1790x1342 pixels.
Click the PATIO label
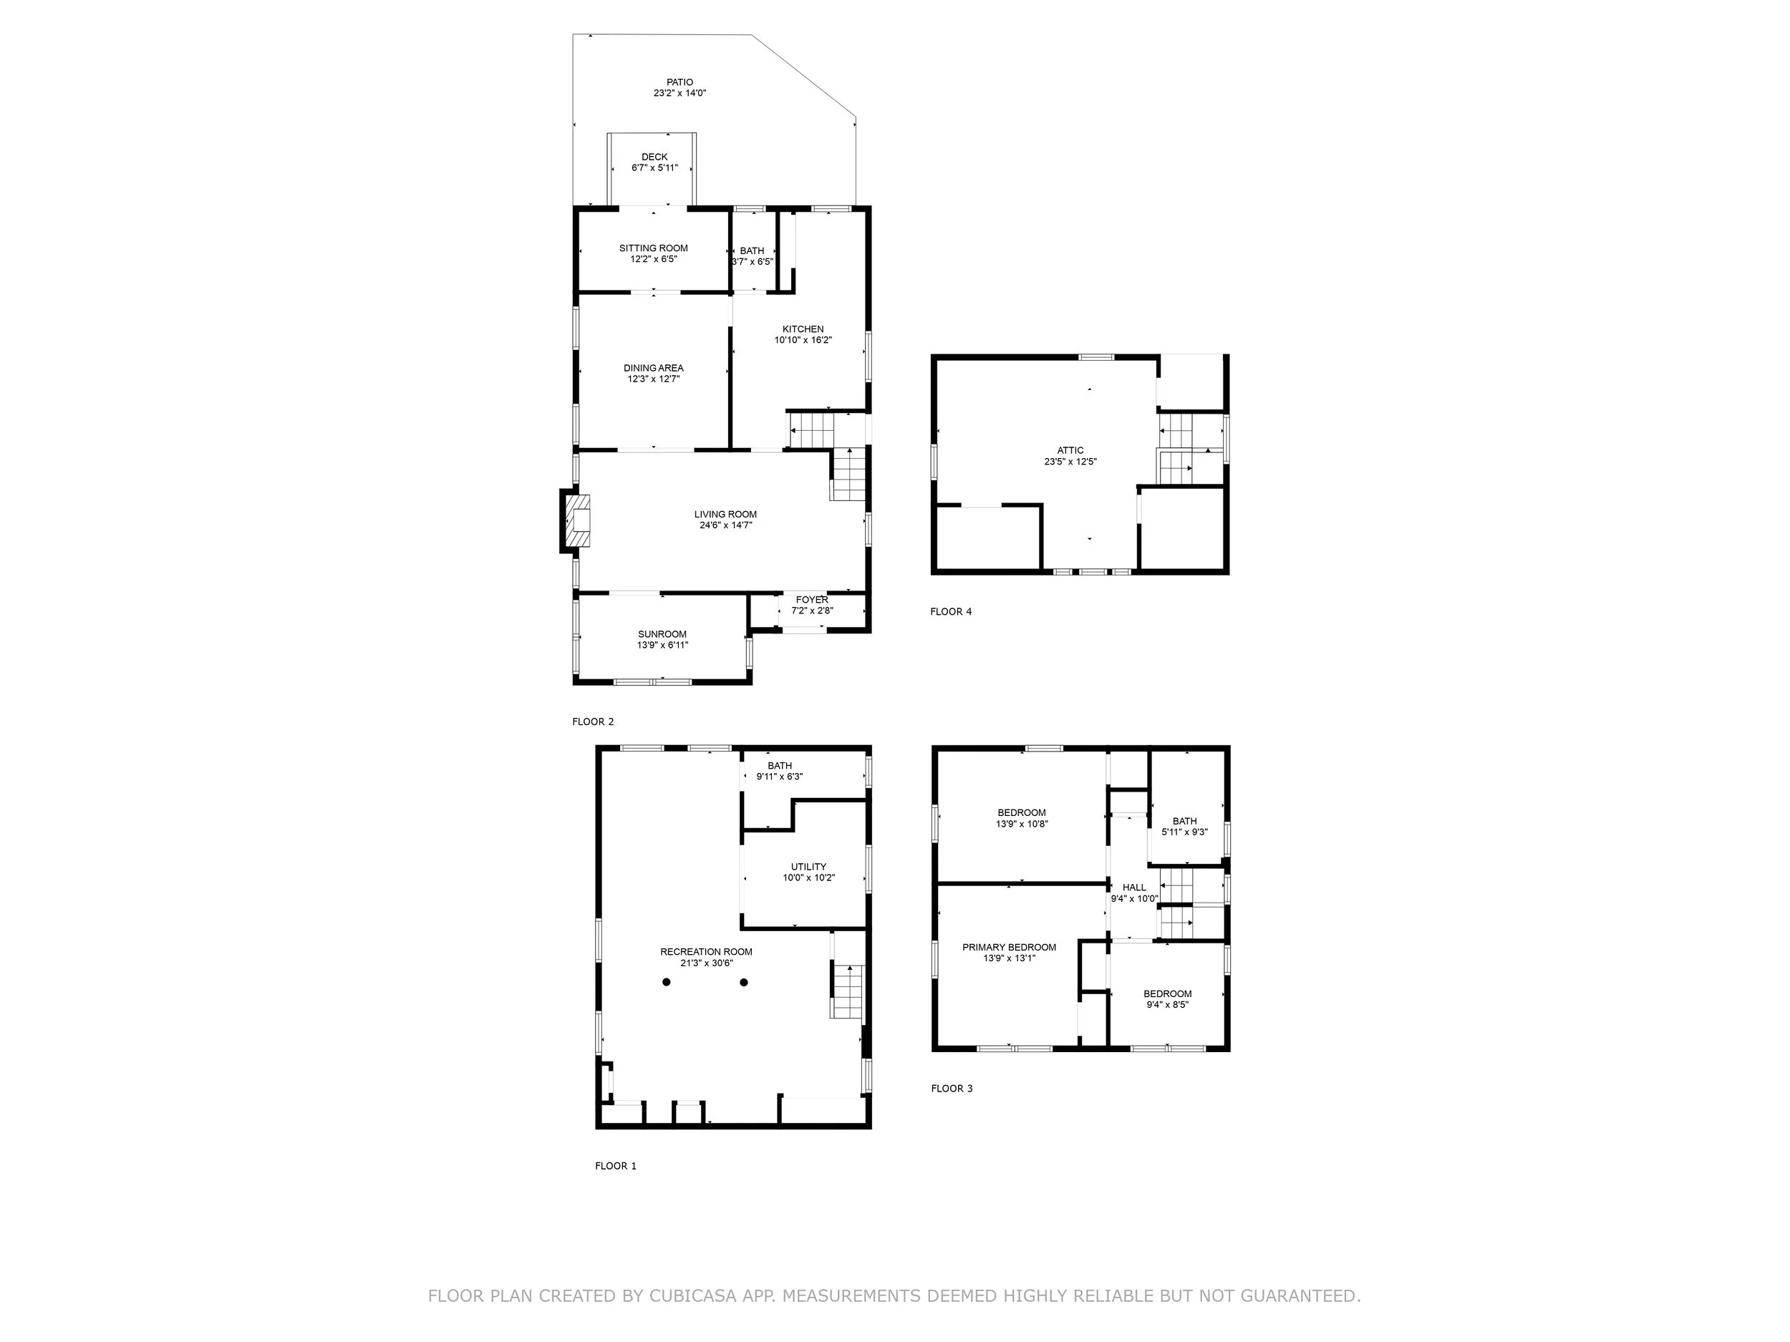(x=679, y=82)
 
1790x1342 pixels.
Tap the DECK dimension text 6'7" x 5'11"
(x=654, y=168)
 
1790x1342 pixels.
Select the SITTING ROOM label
(x=653, y=248)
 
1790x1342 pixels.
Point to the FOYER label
(x=812, y=599)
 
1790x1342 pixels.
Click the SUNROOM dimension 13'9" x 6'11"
(x=662, y=646)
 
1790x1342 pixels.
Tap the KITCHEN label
(x=803, y=329)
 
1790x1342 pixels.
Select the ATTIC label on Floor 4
(x=1070, y=451)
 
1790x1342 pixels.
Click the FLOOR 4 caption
(x=951, y=611)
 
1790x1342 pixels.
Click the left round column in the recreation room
(x=666, y=982)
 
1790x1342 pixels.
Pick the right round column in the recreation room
(x=744, y=982)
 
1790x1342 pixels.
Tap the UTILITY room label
(x=808, y=866)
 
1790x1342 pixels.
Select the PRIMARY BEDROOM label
(x=1008, y=947)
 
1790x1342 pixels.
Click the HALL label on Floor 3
(x=1133, y=888)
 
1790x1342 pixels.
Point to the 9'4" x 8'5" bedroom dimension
(x=1167, y=1005)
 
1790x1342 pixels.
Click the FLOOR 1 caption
(x=615, y=1166)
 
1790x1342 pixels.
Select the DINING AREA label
(x=653, y=368)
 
